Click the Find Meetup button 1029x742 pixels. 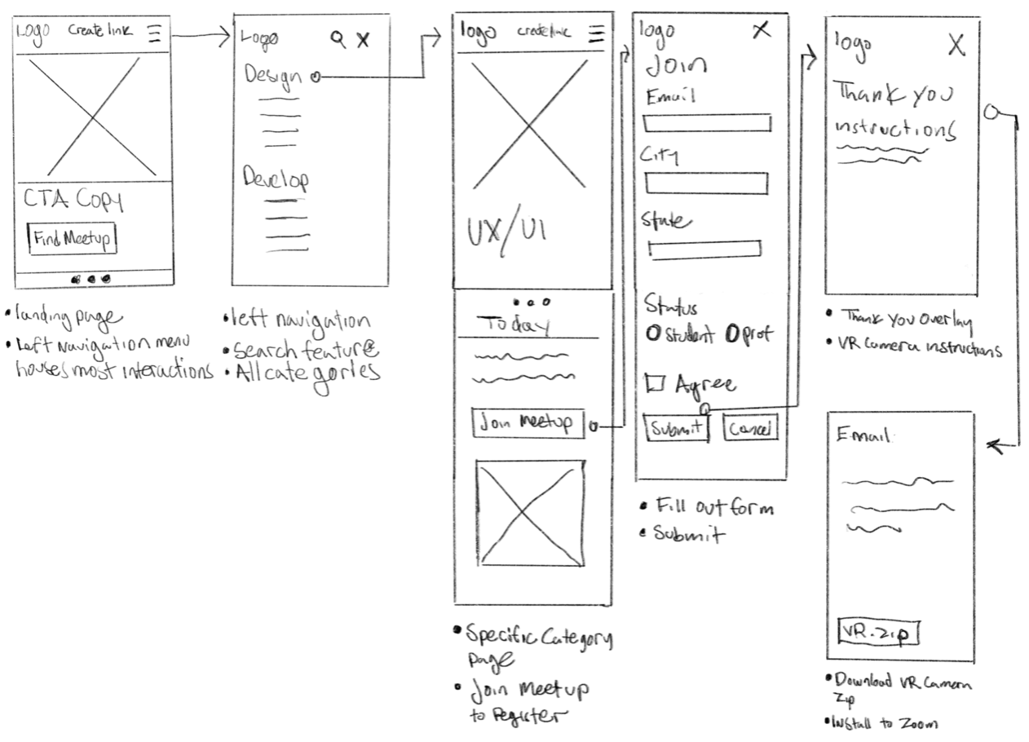[73, 239]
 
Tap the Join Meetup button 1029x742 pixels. [528, 424]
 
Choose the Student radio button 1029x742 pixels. [652, 333]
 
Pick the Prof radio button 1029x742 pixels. [731, 333]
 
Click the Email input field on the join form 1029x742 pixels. [707, 123]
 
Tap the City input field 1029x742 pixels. [706, 183]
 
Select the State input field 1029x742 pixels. [704, 250]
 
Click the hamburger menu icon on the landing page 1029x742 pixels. [155, 33]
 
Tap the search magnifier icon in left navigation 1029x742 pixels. [338, 37]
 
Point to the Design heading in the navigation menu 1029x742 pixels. [272, 76]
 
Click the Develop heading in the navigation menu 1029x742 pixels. [276, 179]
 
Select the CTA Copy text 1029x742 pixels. [73, 200]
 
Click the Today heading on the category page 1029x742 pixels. [518, 325]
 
